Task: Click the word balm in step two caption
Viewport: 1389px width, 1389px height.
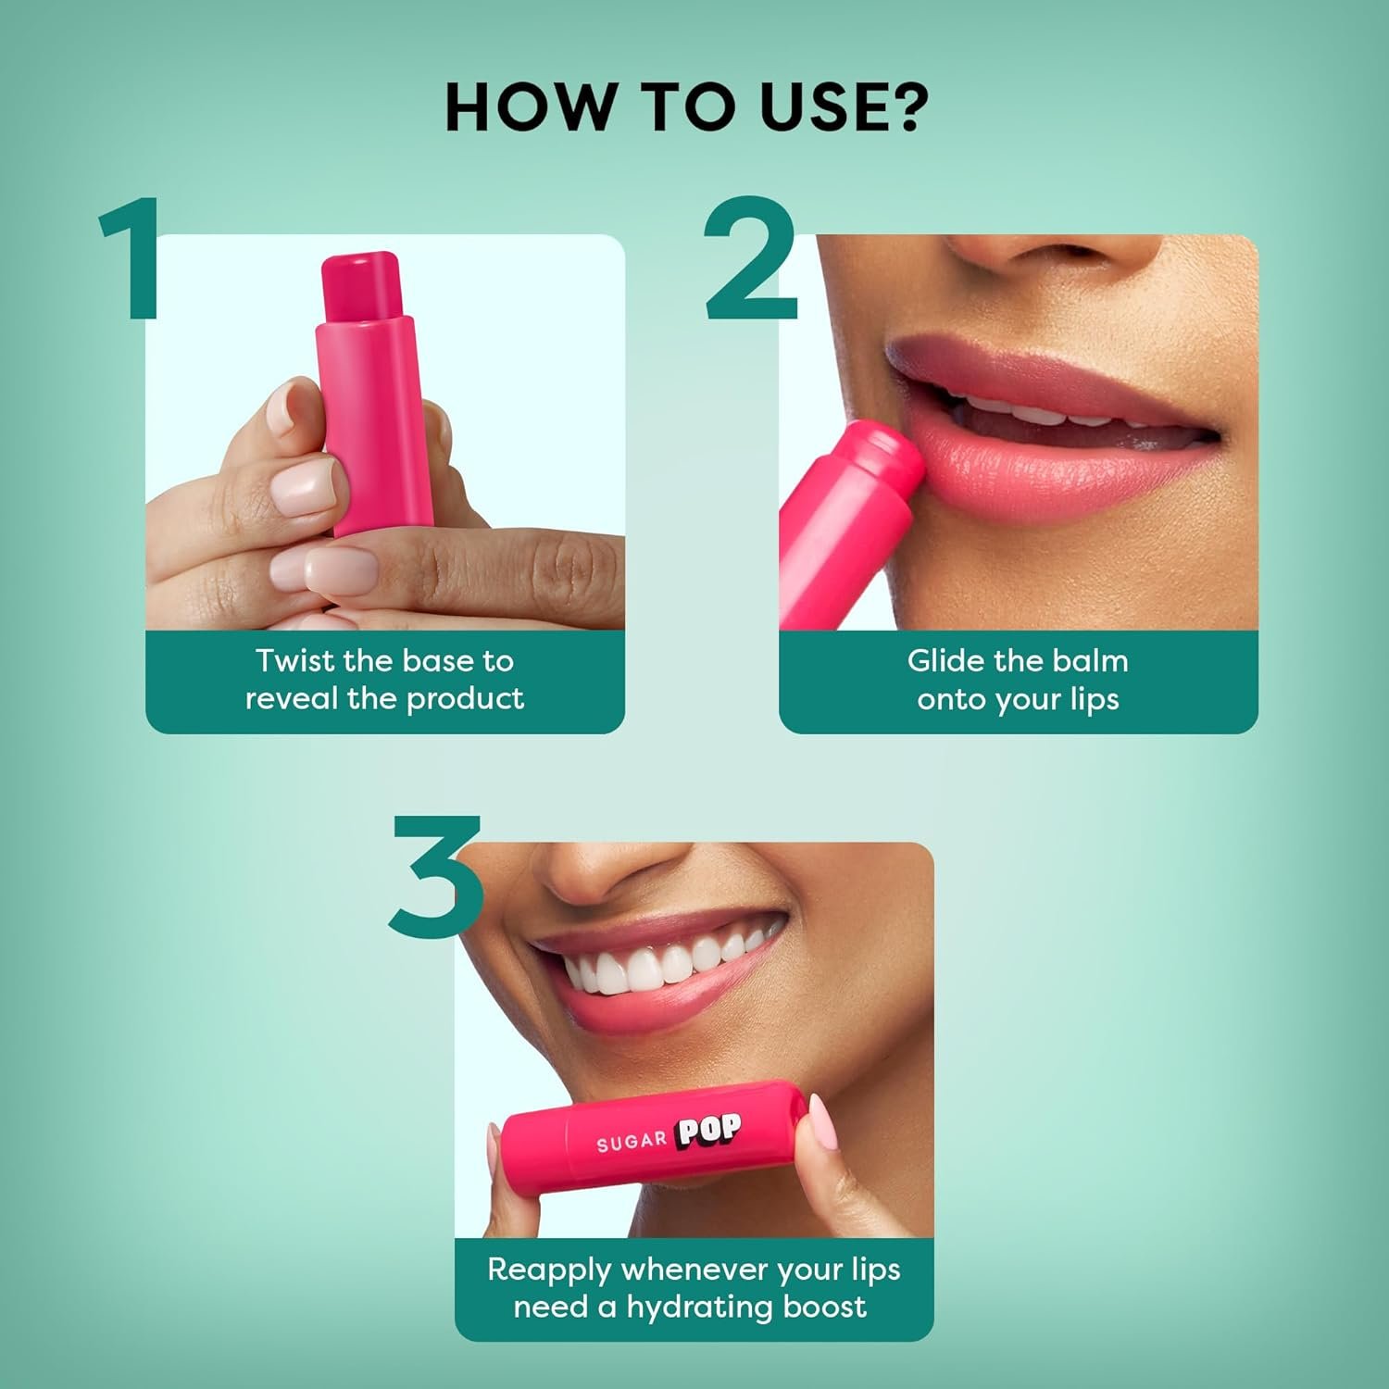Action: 1093,661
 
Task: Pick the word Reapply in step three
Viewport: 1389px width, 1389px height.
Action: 551,1270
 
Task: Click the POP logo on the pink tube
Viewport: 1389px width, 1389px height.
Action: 708,1132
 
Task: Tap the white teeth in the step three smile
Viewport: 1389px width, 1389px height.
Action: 657,968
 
